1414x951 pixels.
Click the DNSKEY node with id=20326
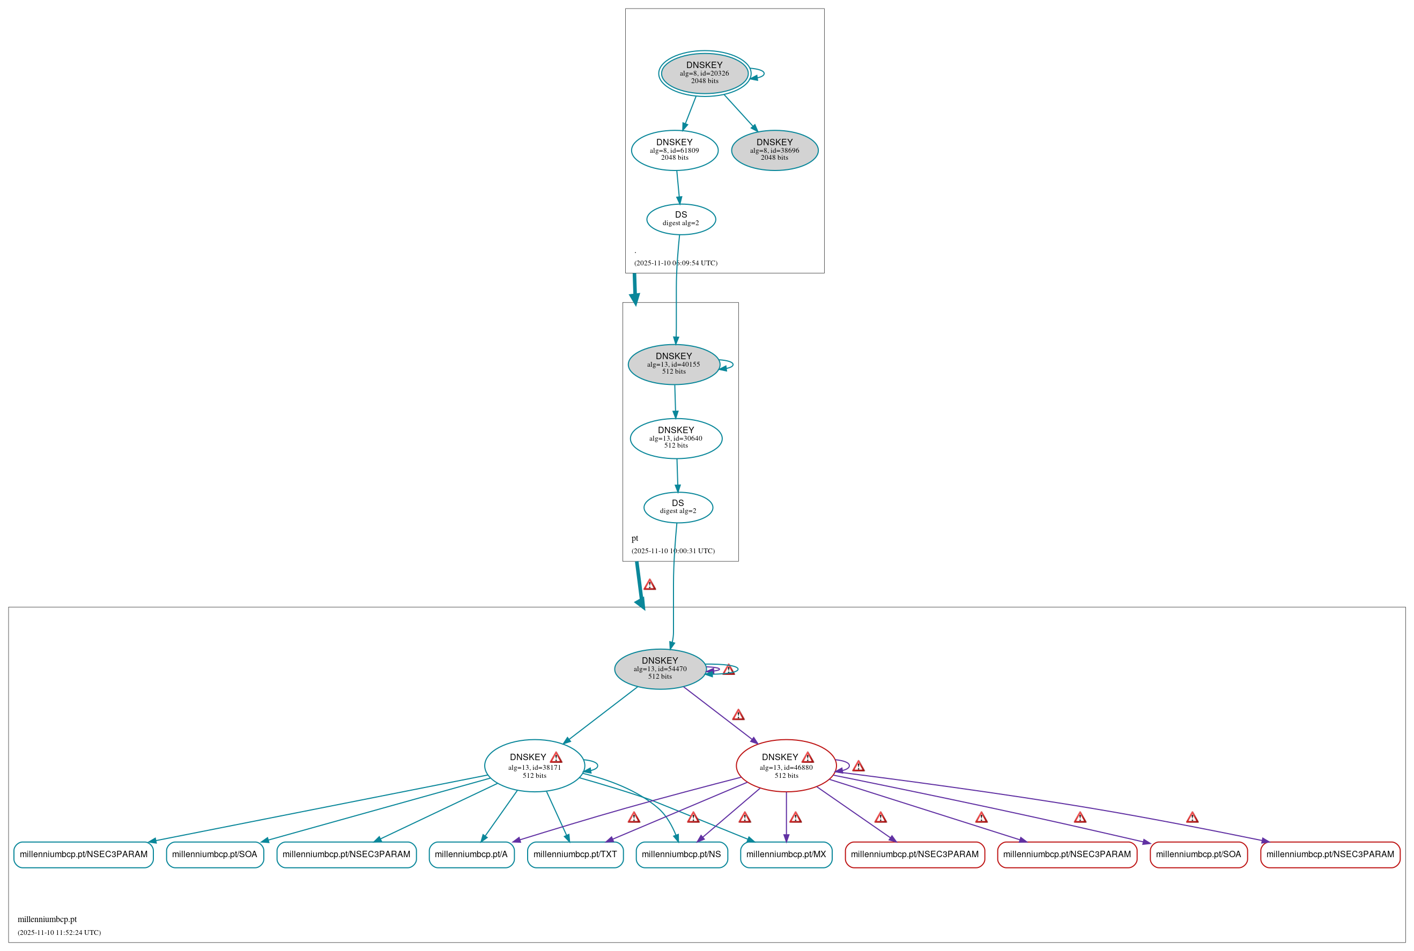pos(704,73)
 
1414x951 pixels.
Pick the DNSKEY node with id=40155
pos(673,364)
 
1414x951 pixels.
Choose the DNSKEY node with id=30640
pos(676,438)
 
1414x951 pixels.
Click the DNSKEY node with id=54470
pos(660,668)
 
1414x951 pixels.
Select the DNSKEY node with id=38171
pos(534,766)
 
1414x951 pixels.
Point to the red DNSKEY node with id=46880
pos(786,766)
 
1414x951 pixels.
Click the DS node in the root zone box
pos(680,219)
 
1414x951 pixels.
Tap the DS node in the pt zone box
pos(678,507)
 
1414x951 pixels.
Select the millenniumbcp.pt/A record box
pos(471,855)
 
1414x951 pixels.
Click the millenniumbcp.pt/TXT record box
pos(575,855)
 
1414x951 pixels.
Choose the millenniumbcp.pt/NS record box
pos(681,855)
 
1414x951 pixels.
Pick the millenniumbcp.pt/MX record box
pos(786,855)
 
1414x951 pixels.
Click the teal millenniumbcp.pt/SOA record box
pos(214,855)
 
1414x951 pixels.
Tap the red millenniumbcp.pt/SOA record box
pos(1198,855)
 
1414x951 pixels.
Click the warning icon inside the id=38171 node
pos(556,757)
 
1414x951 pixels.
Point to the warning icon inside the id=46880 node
pos(808,757)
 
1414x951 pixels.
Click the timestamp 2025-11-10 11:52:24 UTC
pos(60,932)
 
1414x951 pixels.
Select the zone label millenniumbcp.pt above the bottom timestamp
pos(47,919)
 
